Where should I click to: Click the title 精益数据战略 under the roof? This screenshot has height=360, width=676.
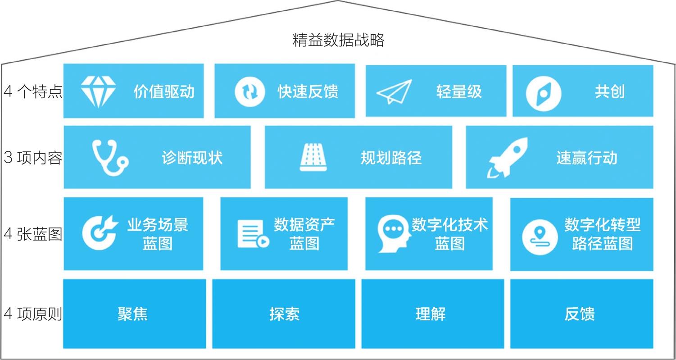pos(338,40)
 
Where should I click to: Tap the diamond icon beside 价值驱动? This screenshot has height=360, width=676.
pos(98,91)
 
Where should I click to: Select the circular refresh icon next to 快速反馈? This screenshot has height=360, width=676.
pos(250,91)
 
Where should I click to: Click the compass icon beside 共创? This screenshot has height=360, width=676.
pos(544,94)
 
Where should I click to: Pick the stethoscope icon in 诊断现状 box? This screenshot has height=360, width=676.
pos(110,157)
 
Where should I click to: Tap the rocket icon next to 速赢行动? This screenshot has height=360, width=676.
pos(507,158)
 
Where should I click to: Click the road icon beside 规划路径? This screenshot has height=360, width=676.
pos(313,157)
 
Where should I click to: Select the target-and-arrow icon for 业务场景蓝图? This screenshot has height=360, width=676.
pos(100,232)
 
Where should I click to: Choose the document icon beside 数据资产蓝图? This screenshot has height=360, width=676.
pos(253,234)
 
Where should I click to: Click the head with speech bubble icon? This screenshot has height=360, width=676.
pos(395,233)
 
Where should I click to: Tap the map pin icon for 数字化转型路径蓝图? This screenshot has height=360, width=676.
pos(540,237)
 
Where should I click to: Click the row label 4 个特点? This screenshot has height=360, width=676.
pos(33,91)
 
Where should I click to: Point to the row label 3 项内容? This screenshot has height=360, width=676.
pos(33,158)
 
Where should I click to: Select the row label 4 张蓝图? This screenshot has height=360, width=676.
pos(33,234)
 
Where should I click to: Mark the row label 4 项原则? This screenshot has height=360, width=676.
pos(33,314)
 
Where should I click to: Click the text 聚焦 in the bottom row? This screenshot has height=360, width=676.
pos(132,314)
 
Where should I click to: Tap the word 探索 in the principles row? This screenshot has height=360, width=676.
pos(285,314)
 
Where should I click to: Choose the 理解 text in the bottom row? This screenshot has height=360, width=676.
pos(431,314)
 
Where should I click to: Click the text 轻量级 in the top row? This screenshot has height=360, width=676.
pos(459,91)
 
